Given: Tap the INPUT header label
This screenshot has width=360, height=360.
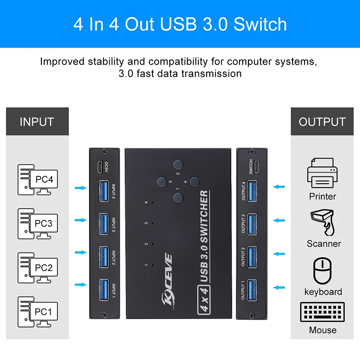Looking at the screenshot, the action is click(36, 121).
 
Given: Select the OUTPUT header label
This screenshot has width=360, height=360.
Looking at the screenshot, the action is click(322, 121).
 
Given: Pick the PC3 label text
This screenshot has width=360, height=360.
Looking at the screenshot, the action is click(44, 224).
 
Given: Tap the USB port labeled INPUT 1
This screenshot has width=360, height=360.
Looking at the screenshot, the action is click(103, 288).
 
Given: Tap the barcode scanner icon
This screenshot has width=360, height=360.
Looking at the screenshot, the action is click(323, 223).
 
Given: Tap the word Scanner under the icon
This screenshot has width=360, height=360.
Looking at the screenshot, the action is click(324, 243).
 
